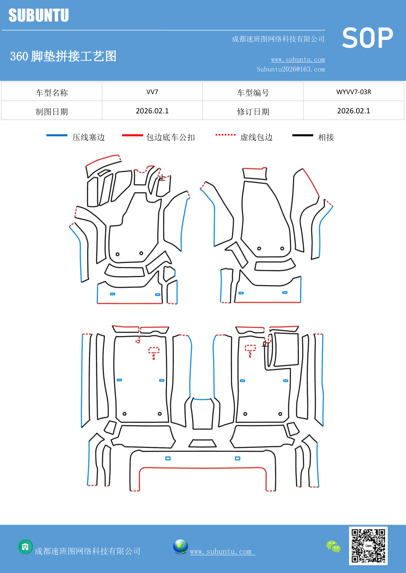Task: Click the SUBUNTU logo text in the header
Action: [39, 15]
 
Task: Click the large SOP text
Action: [367, 38]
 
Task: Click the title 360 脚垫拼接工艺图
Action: [63, 56]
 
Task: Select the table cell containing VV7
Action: [152, 92]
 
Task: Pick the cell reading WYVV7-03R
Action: [353, 92]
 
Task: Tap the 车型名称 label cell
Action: [52, 93]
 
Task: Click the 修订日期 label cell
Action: [253, 112]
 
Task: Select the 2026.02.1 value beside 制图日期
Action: [152, 111]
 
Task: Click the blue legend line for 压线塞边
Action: [57, 135]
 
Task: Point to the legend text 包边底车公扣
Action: [170, 137]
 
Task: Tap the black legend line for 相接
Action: [303, 135]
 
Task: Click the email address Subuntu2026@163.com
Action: [291, 69]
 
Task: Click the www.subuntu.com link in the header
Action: [298, 60]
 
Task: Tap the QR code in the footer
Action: [368, 546]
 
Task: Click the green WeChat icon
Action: [333, 547]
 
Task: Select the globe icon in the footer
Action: [180, 547]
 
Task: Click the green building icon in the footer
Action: [25, 547]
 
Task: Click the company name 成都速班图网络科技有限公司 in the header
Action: [278, 39]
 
